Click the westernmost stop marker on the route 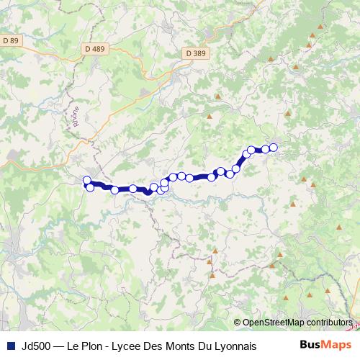[87, 181]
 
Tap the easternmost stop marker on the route [274, 148]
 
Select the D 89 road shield [11, 41]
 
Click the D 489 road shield [94, 49]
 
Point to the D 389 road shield [194, 53]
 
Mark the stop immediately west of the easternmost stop [265, 149]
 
